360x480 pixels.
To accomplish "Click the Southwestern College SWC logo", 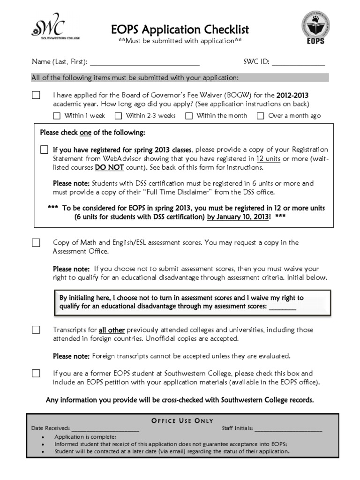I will coord(50,29).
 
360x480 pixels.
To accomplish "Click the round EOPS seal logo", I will coord(315,27).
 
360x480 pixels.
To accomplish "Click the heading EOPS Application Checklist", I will coord(180,30).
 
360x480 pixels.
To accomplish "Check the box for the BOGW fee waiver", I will coord(36,95).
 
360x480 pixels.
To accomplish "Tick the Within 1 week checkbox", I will coord(57,116).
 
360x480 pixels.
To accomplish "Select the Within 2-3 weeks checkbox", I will coord(119,116).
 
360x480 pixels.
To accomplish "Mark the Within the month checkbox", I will coord(189,116).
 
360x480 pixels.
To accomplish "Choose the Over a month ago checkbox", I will coord(261,116).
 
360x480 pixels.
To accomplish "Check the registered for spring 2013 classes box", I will coord(44,150).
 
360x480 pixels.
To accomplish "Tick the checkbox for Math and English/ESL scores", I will coord(36,243).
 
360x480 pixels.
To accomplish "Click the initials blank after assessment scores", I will coord(282,307).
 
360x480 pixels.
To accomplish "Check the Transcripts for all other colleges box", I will coord(36,330).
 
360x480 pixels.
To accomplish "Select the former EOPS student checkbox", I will coord(36,374).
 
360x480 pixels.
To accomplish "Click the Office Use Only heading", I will coord(182,420).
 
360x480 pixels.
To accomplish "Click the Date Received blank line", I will coord(105,428).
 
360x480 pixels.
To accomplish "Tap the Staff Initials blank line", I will coord(288,428).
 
